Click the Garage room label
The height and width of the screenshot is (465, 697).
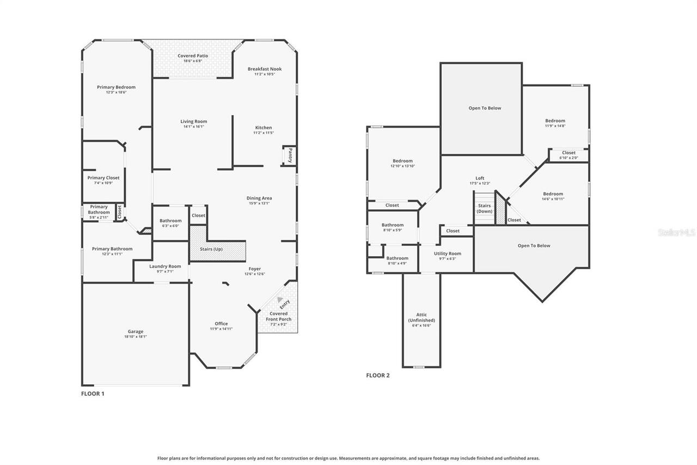click(x=136, y=331)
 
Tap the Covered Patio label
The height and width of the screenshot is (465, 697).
click(x=193, y=56)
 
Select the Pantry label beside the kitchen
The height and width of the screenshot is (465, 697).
click(x=290, y=155)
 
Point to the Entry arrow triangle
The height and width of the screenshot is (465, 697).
click(x=280, y=299)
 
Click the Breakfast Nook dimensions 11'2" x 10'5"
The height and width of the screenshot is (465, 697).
click(x=265, y=74)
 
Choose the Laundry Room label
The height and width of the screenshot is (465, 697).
click(x=165, y=266)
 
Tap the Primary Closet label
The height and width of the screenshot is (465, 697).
click(x=103, y=178)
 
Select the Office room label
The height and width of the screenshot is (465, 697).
click(x=221, y=323)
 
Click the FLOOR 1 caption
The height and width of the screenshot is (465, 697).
click(x=93, y=393)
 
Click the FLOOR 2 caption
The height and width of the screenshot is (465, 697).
click(x=378, y=375)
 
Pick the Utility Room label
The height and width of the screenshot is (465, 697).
click(x=448, y=253)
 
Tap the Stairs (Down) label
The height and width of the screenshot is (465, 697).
click(x=485, y=208)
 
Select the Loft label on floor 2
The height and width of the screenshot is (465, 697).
click(x=480, y=178)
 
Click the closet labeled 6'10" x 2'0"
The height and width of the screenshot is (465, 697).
click(x=568, y=155)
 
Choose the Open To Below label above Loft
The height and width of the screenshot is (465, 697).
click(x=485, y=108)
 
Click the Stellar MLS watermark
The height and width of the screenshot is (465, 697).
click(x=676, y=232)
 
